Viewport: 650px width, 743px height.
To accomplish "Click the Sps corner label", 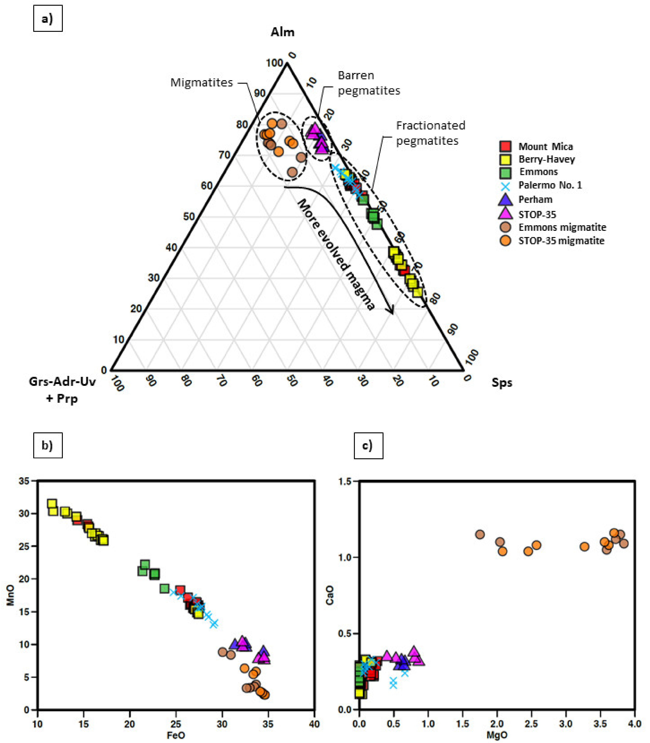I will tap(502, 382).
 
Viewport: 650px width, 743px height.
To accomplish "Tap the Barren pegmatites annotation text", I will tap(368, 83).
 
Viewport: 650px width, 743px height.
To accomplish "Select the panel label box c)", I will tap(368, 445).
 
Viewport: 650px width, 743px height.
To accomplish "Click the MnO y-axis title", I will tap(10, 595).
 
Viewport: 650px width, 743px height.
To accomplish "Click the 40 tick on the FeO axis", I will tap(314, 724).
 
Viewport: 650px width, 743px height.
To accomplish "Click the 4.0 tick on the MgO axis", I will tap(634, 724).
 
